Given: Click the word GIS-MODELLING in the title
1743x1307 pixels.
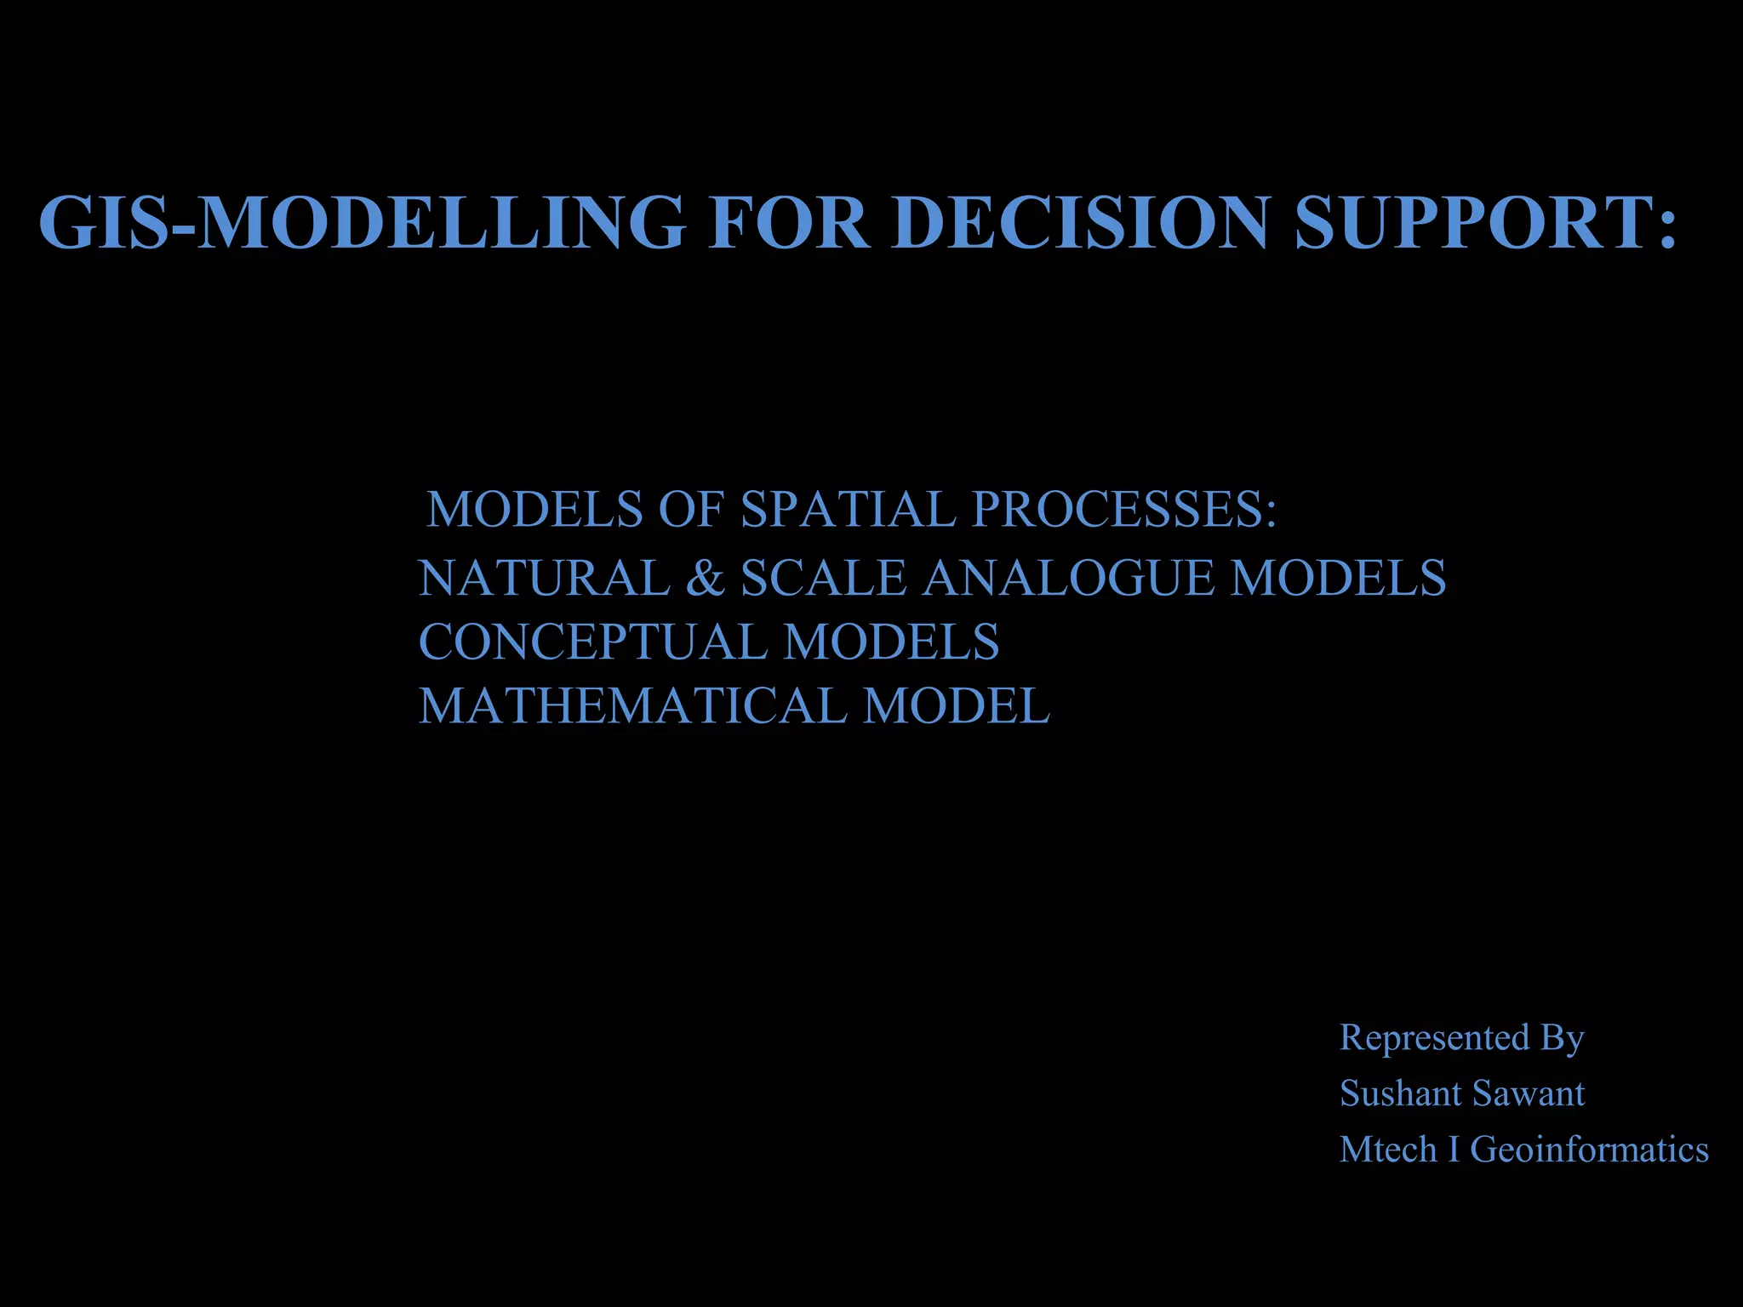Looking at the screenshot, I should coord(362,222).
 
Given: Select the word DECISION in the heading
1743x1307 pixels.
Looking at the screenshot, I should coord(1082,222).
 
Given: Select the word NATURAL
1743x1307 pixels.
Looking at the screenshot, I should coord(545,578).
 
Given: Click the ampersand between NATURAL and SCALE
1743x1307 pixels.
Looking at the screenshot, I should coord(705,578).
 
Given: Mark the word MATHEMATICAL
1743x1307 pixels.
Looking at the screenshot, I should coord(632,705).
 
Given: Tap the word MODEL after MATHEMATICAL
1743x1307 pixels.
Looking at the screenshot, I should coord(957,705).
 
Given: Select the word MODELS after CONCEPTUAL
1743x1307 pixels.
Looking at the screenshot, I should coord(891,642).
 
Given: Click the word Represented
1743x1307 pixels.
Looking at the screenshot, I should coord(1435,1037).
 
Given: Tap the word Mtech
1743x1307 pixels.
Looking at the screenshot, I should coord(1388,1150).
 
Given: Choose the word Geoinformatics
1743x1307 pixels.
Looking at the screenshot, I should coord(1589,1150).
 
